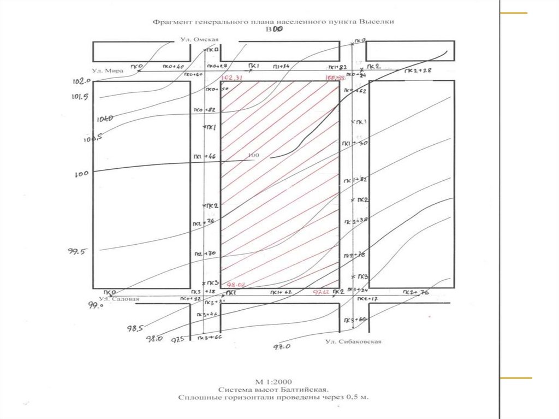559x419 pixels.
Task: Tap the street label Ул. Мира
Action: tap(108, 70)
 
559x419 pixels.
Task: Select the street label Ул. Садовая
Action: tap(119, 299)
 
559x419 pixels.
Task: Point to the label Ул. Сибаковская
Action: tap(353, 341)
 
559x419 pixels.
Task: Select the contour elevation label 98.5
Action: tap(135, 328)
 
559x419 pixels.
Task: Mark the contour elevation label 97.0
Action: tap(282, 346)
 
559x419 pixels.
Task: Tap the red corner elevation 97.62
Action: tap(322, 292)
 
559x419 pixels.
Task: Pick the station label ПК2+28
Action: tap(418, 71)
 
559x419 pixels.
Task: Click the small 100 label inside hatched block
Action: tap(253, 155)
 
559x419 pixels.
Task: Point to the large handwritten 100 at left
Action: tap(81, 174)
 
